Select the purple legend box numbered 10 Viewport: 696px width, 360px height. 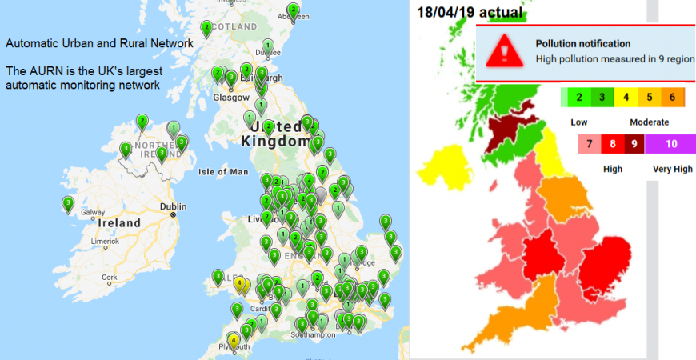670,145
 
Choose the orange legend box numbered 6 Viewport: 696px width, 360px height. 671,98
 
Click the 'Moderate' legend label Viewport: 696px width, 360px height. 649,122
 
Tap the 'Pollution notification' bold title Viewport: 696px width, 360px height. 582,44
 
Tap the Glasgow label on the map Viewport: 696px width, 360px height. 227,98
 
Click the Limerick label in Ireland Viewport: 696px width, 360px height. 106,241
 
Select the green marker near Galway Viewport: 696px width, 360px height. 69,204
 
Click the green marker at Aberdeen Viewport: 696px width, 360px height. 293,10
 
